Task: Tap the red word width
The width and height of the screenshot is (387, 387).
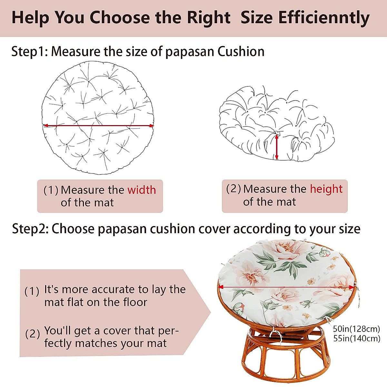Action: (x=142, y=190)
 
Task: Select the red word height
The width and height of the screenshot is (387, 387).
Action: (x=326, y=189)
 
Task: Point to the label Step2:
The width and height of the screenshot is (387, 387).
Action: (x=30, y=229)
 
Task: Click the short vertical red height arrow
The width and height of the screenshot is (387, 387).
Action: (x=276, y=147)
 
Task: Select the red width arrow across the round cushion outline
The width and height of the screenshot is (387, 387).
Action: (x=98, y=125)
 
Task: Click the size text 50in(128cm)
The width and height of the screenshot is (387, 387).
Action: (x=356, y=329)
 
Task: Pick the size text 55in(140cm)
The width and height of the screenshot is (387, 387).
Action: (x=356, y=338)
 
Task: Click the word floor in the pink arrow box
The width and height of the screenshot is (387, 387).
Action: (x=135, y=303)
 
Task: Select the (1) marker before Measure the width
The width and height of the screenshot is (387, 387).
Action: (x=51, y=190)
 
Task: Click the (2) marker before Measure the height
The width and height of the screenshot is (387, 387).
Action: (x=233, y=189)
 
